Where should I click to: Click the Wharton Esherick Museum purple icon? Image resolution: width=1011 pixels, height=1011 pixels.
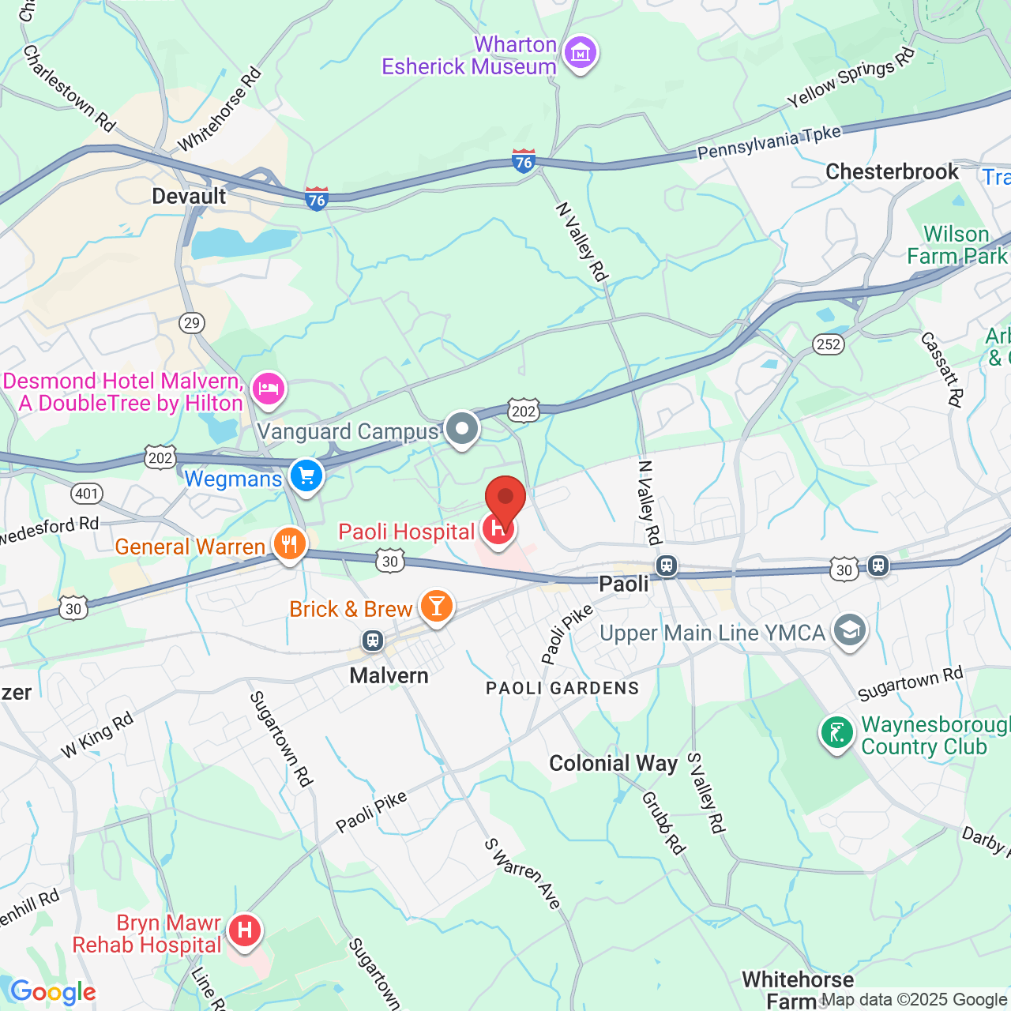[x=581, y=54]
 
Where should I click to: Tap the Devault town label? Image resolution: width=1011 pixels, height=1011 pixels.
[x=189, y=196]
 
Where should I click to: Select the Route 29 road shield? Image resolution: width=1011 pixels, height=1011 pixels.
[x=191, y=322]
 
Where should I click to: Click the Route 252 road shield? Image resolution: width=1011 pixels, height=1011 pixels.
[x=829, y=344]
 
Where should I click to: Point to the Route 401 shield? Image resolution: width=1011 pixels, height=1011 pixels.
[x=87, y=494]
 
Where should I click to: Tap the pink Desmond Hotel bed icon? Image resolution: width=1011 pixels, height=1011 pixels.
[x=269, y=389]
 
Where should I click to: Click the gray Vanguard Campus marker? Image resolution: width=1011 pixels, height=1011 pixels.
[x=462, y=429]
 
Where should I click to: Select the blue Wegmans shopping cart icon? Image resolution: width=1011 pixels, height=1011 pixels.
[x=306, y=476]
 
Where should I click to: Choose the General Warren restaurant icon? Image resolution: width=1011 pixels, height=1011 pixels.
[x=290, y=544]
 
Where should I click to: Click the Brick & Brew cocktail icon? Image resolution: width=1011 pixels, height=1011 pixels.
[x=436, y=607]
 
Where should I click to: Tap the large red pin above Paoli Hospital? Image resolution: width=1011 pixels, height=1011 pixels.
[x=505, y=500]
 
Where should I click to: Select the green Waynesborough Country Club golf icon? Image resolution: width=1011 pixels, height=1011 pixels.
[x=836, y=733]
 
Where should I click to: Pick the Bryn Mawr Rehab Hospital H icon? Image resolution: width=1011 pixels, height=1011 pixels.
[x=245, y=930]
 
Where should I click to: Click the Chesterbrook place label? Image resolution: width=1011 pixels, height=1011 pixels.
[x=892, y=171]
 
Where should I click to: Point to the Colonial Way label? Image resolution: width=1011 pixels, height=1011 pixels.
[x=613, y=763]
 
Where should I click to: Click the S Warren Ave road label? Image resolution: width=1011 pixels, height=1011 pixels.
[x=523, y=874]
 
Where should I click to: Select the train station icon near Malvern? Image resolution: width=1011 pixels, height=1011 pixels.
[x=373, y=640]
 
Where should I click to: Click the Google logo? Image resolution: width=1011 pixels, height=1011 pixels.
[x=54, y=992]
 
